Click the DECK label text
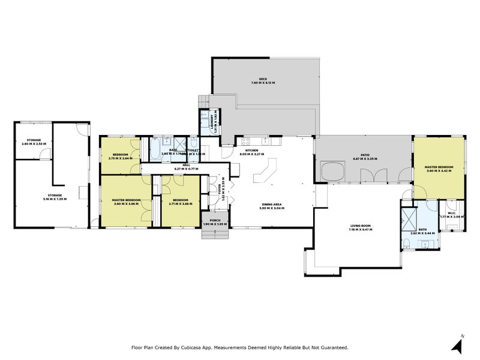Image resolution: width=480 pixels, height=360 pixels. [x=262, y=78]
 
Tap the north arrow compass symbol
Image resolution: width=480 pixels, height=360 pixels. [x=459, y=344]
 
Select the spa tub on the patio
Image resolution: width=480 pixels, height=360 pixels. [x=332, y=172]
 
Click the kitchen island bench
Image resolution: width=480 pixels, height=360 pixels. [x=264, y=173]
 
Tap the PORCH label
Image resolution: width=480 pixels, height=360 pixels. [x=215, y=220]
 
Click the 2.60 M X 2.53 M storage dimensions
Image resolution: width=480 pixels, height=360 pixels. [x=33, y=144]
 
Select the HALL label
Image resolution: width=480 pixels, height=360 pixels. [x=186, y=165]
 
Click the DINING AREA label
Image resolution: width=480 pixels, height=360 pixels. [x=271, y=204]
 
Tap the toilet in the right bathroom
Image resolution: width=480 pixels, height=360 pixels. [x=407, y=242]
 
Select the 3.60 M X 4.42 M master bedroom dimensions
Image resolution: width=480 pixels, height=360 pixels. [x=439, y=171]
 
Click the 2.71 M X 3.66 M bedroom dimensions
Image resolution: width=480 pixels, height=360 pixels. [x=181, y=203]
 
